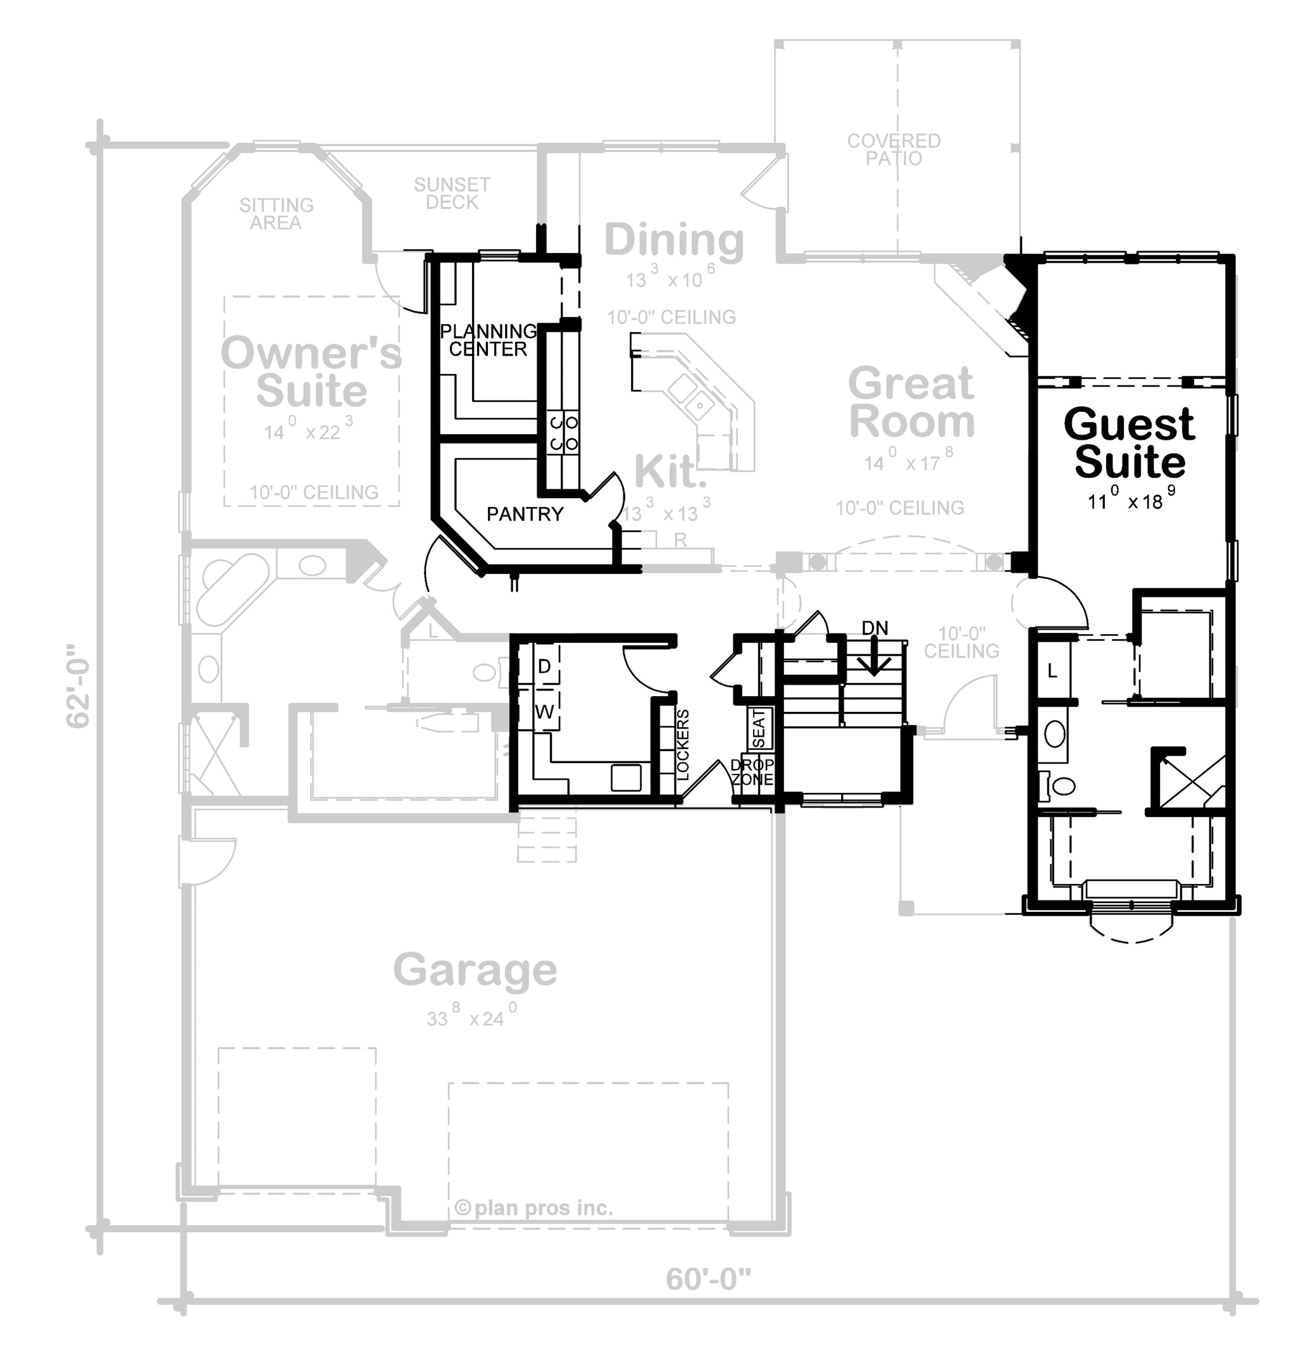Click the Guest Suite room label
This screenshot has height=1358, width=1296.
pyautogui.click(x=1129, y=443)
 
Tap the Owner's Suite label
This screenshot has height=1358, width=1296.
pyautogui.click(x=311, y=372)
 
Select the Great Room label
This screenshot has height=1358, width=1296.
pyautogui.click(x=911, y=402)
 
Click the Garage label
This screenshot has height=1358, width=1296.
pyautogui.click(x=475, y=971)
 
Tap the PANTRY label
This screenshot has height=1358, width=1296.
pyautogui.click(x=525, y=514)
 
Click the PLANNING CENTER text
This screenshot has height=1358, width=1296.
pyautogui.click(x=489, y=340)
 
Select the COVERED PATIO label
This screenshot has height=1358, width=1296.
pyautogui.click(x=894, y=150)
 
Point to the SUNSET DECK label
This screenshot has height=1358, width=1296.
pyautogui.click(x=452, y=194)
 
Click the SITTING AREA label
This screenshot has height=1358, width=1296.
pyautogui.click(x=277, y=214)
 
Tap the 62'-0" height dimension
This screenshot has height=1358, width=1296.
pyautogui.click(x=78, y=686)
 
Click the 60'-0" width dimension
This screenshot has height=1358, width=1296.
pyautogui.click(x=708, y=1280)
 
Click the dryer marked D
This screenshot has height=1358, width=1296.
pyautogui.click(x=544, y=666)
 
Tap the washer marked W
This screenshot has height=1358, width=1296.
pyautogui.click(x=544, y=711)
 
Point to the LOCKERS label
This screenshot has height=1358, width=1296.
pyautogui.click(x=683, y=745)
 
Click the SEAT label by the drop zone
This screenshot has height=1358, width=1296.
pyautogui.click(x=759, y=729)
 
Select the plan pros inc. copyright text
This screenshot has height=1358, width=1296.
pyautogui.click(x=533, y=1208)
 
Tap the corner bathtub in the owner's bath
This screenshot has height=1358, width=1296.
pyautogui.click(x=232, y=590)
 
